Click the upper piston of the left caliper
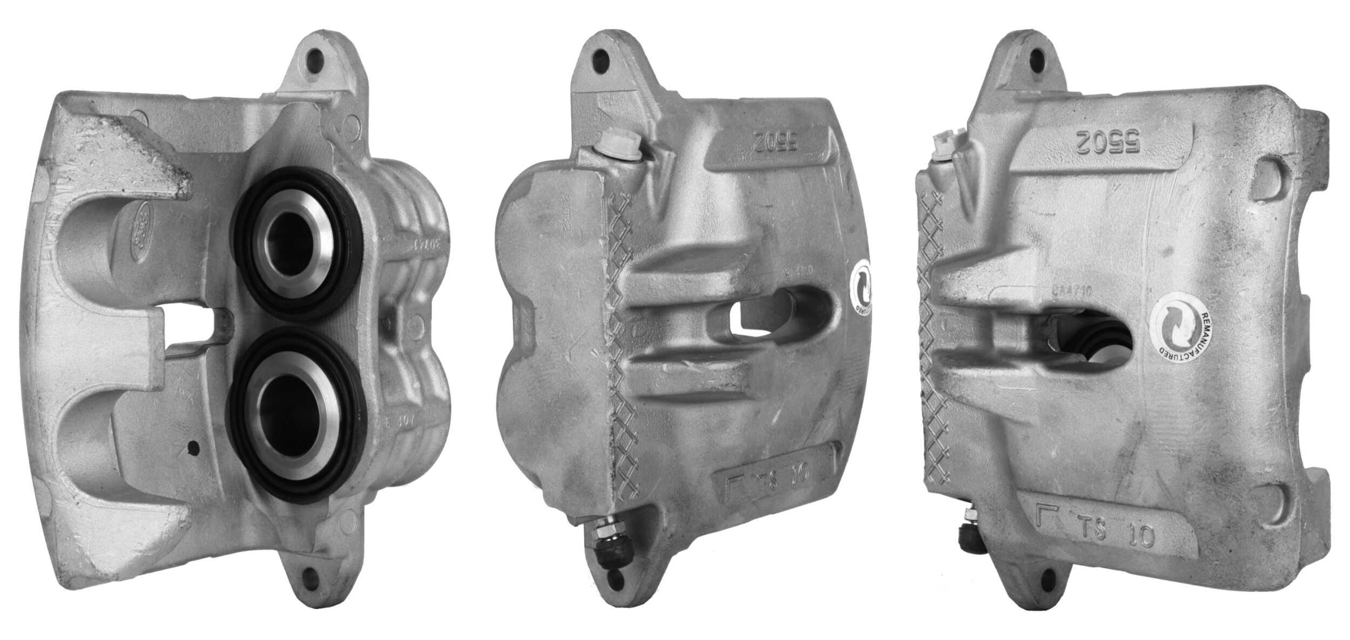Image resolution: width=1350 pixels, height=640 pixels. click(294, 242)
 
